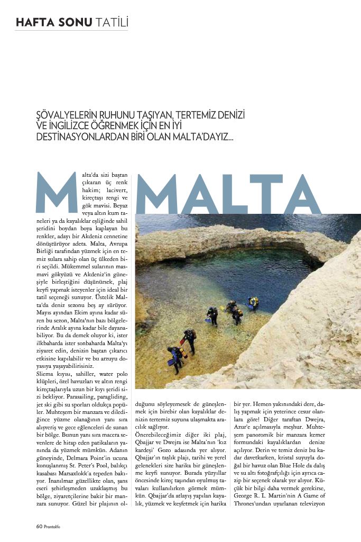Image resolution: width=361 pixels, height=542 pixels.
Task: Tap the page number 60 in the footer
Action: pyautogui.click(x=39, y=526)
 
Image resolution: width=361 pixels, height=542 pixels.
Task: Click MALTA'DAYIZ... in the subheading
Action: pyautogui.click(x=196, y=136)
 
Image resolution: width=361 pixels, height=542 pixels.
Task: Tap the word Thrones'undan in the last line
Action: pyautogui.click(x=255, y=503)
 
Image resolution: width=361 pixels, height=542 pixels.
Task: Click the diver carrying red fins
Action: pyautogui.click(x=188, y=339)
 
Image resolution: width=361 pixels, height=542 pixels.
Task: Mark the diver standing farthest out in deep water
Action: pyautogui.click(x=254, y=302)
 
